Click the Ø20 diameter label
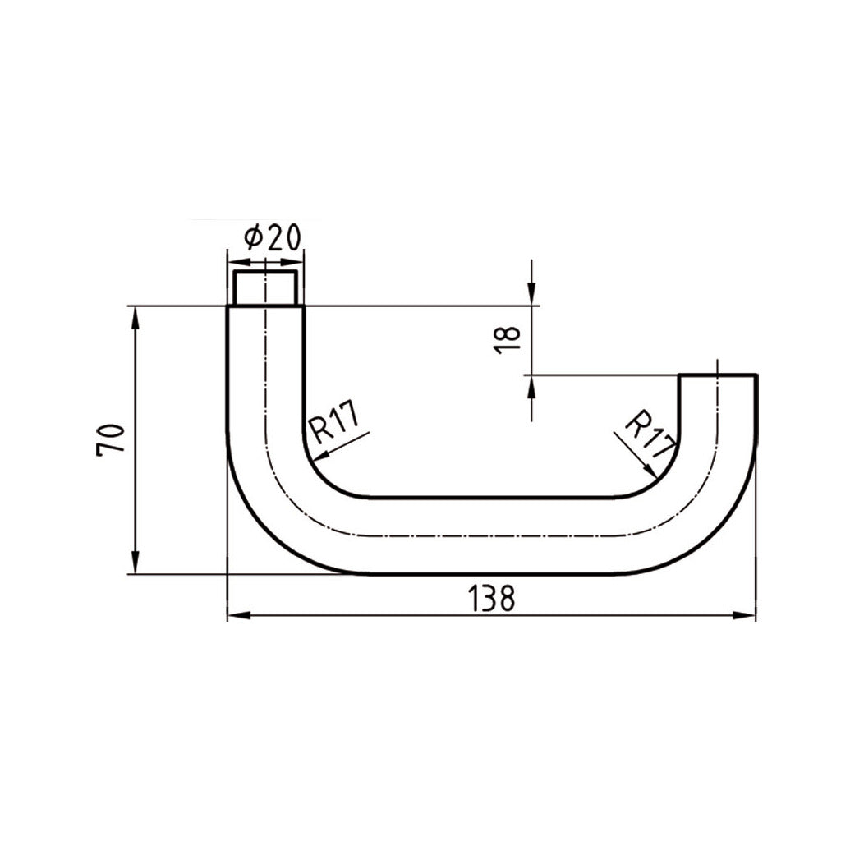pyautogui.click(x=272, y=238)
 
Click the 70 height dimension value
pyautogui.click(x=111, y=440)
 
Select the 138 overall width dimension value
pyautogui.click(x=491, y=598)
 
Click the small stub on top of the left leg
pyautogui.click(x=265, y=288)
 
